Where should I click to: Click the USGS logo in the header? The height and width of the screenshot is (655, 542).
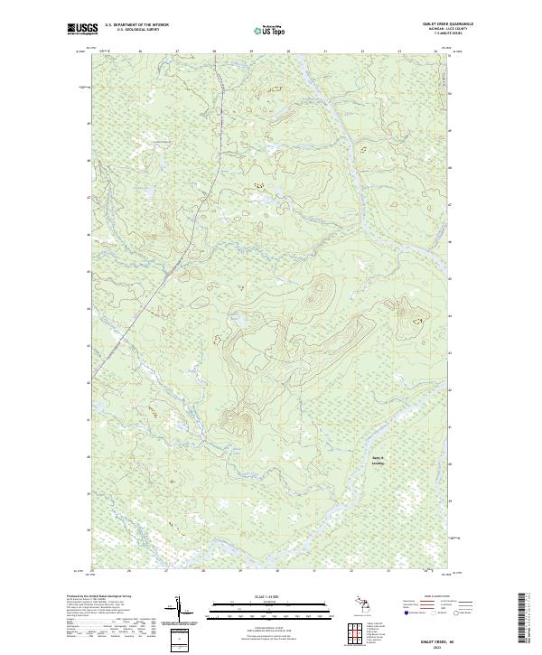coord(83,29)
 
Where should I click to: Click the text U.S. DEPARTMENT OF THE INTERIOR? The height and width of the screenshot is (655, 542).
coord(137,25)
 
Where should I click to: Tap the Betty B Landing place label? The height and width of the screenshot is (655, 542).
coord(378,460)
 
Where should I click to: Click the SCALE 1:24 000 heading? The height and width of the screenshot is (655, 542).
coord(270,597)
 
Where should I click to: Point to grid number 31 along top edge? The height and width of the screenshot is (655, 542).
coord(325,51)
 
